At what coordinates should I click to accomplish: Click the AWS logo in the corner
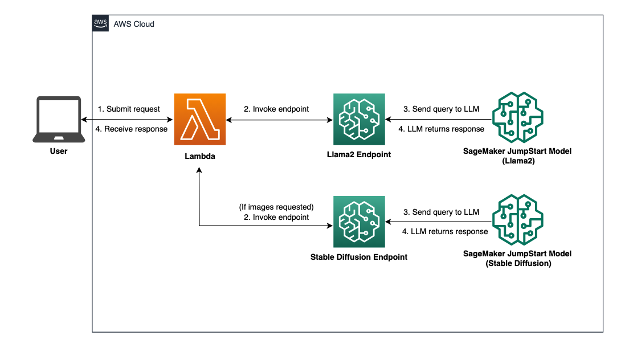pos(101,24)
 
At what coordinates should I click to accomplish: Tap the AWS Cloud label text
pos(134,24)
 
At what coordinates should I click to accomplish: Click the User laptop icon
pos(58,120)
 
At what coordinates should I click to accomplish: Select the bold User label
pos(58,152)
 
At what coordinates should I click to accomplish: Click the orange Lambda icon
pos(199,120)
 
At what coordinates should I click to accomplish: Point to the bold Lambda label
pos(199,156)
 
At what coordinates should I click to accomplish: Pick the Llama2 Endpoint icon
pos(359,120)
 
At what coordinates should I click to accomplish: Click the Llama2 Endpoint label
pos(359,154)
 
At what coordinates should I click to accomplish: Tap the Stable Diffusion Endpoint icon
pos(359,222)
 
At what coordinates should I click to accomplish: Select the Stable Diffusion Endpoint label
pos(359,257)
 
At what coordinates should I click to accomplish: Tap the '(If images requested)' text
pos(277,206)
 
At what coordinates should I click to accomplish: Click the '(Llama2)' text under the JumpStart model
pos(517,161)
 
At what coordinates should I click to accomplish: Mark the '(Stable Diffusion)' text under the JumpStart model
pos(517,263)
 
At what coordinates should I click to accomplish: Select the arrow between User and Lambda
pos(126,120)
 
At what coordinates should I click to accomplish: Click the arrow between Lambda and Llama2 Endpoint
pos(279,120)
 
